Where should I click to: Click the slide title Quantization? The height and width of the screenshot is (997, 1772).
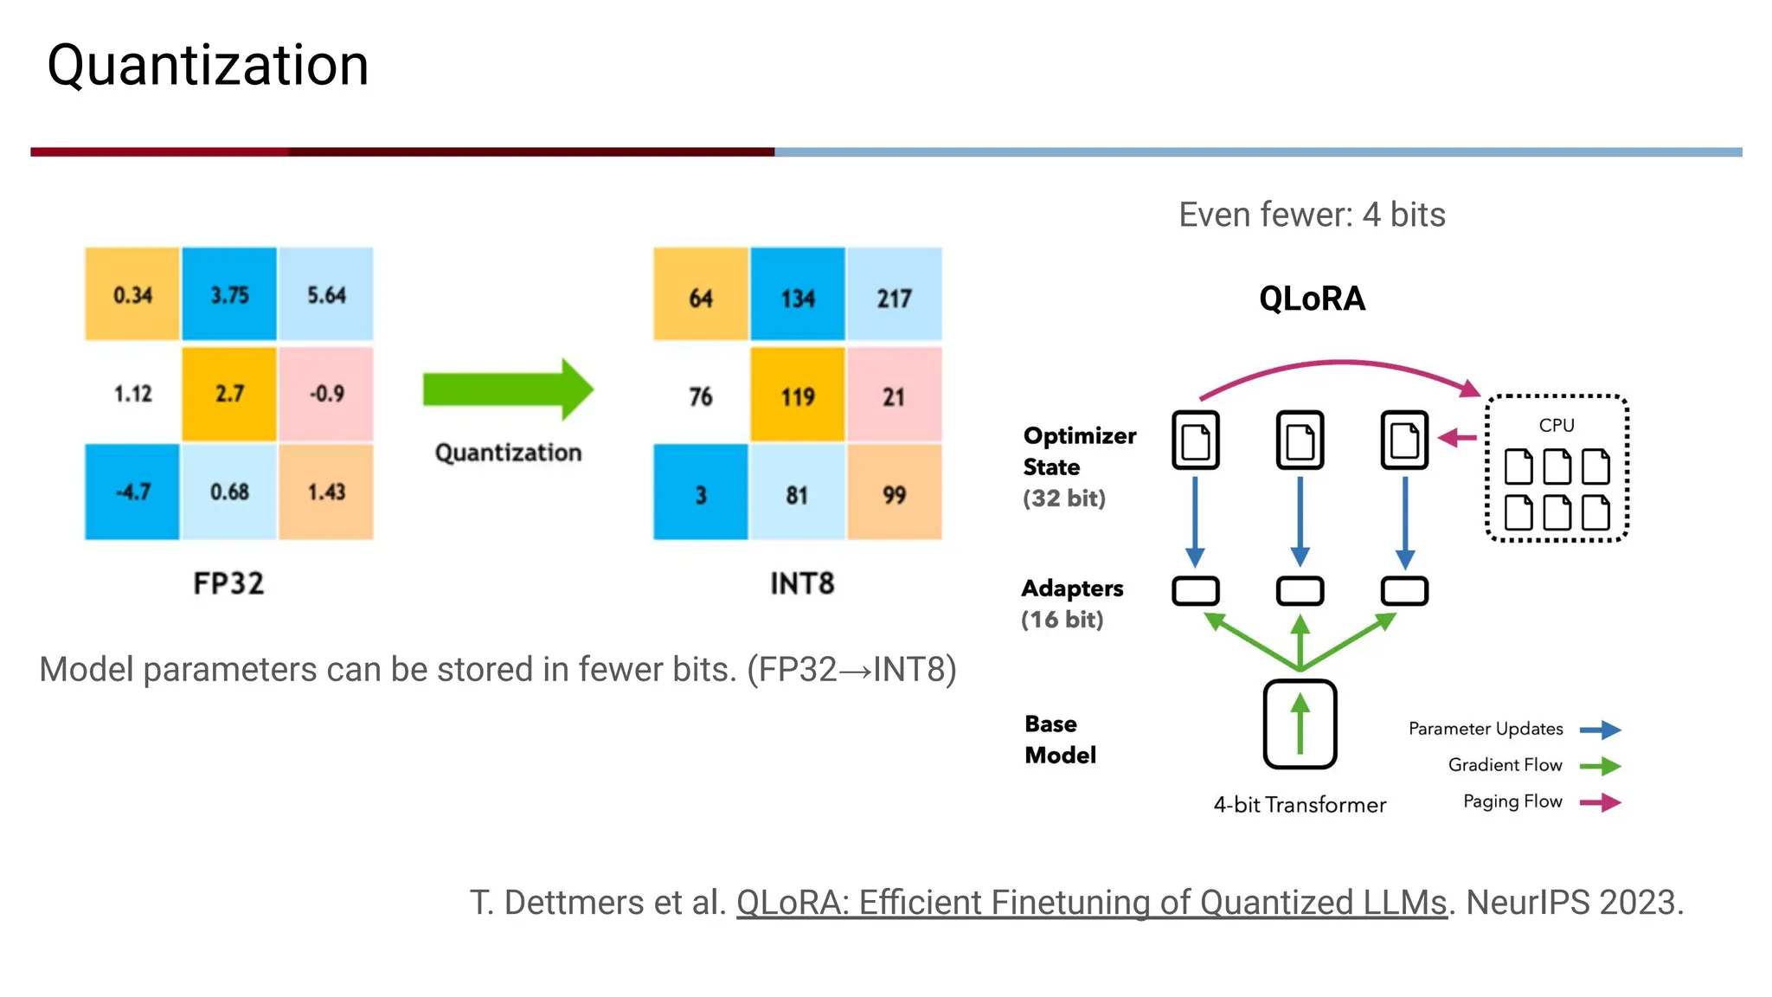pyautogui.click(x=208, y=66)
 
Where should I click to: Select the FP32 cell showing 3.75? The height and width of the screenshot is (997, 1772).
pyautogui.click(x=229, y=294)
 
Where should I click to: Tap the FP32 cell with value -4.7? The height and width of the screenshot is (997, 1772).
pyautogui.click(x=132, y=492)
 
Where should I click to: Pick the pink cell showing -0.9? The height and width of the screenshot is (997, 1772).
pyautogui.click(x=326, y=394)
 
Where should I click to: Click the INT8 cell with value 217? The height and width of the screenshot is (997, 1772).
pyautogui.click(x=894, y=297)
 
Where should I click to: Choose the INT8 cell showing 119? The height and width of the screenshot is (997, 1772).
pyautogui.click(x=797, y=396)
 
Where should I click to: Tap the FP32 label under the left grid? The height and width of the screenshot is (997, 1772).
pyautogui.click(x=228, y=583)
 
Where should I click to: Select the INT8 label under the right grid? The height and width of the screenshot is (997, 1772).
pyautogui.click(x=802, y=583)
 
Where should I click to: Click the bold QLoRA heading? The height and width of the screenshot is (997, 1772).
pyautogui.click(x=1312, y=299)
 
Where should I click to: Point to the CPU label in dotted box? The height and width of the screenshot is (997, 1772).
pyautogui.click(x=1556, y=425)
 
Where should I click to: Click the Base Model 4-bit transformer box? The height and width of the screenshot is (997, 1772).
pyautogui.click(x=1300, y=724)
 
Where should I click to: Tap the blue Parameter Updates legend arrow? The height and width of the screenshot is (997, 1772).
pyautogui.click(x=1600, y=730)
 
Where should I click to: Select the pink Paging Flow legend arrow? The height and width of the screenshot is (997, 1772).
pyautogui.click(x=1600, y=802)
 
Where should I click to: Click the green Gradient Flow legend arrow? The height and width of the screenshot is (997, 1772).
pyautogui.click(x=1600, y=766)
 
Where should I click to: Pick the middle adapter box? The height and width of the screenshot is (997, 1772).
pyautogui.click(x=1300, y=591)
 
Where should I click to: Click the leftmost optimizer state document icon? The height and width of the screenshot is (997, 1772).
pyautogui.click(x=1196, y=441)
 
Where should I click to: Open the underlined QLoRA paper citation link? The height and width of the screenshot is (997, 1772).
pyautogui.click(x=1091, y=903)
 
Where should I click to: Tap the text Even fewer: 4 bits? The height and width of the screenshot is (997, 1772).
pyautogui.click(x=1312, y=215)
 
